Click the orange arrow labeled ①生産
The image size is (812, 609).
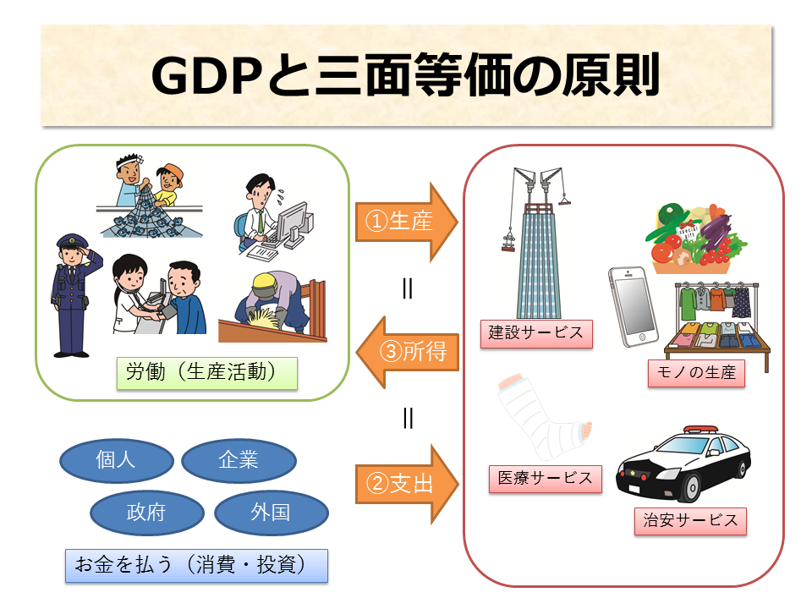click(407, 222)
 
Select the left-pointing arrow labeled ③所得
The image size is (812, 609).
click(408, 352)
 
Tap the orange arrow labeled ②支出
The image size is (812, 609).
click(407, 484)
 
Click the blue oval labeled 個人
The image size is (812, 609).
click(117, 460)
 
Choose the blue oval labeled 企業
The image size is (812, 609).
click(239, 460)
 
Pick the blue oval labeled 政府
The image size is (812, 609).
click(147, 513)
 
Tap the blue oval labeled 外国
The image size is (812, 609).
click(272, 513)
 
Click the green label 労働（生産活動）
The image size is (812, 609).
click(206, 373)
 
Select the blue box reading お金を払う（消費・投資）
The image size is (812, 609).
click(196, 566)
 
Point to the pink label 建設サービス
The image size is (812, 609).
click(536, 333)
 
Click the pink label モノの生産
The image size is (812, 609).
click(696, 373)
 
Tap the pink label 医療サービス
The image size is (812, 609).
click(546, 479)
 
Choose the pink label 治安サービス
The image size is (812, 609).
click(690, 521)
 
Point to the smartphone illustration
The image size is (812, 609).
click(633, 306)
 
